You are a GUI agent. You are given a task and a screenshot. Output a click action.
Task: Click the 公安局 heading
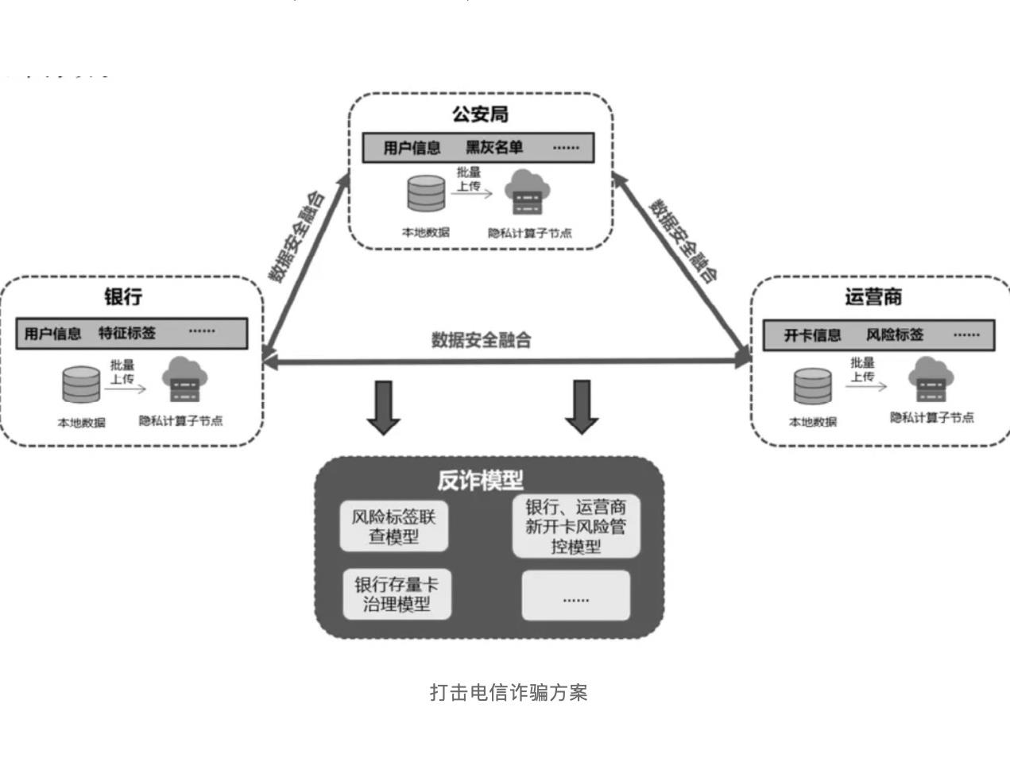coord(480,114)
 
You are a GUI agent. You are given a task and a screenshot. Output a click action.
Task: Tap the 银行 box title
coord(123,297)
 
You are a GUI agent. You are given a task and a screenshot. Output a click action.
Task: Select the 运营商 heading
coord(873,297)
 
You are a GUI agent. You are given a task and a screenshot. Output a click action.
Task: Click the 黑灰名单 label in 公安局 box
coord(494,148)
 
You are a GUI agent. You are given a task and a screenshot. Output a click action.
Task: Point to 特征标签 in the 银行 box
coord(127,333)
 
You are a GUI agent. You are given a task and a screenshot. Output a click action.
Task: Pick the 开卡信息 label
coord(812,335)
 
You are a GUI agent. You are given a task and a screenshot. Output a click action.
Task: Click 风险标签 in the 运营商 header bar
coord(895,335)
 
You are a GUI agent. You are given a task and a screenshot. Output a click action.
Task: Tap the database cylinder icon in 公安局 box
coord(427,194)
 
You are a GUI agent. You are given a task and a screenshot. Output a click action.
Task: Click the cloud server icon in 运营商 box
coord(931,380)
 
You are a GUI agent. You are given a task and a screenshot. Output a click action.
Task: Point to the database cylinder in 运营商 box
coord(813,387)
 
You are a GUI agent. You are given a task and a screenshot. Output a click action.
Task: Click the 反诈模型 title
coord(480,480)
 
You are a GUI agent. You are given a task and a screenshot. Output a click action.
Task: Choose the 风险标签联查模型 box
coord(394,526)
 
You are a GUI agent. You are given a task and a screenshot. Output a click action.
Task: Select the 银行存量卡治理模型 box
coord(397,594)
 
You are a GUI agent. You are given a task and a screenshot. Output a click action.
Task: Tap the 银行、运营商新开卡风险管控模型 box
coord(576,526)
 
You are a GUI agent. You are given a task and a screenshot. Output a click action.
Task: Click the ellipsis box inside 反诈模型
coord(576,595)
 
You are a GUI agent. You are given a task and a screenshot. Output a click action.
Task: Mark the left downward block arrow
coord(384,407)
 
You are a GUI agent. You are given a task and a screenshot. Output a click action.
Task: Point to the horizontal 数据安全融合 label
coord(481,340)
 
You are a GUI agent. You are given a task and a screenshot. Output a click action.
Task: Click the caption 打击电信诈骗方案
coord(509,692)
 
